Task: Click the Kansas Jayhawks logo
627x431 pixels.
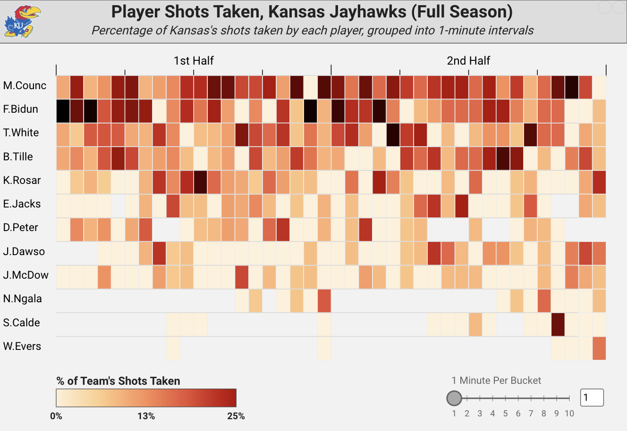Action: pyautogui.click(x=22, y=22)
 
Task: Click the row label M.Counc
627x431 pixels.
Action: pyautogui.click(x=25, y=86)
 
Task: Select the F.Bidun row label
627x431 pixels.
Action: pyautogui.click(x=20, y=109)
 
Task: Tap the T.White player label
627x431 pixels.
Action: pyautogui.click(x=21, y=133)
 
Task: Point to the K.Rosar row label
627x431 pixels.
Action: pyautogui.click(x=22, y=181)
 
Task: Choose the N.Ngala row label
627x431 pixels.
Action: pyautogui.click(x=22, y=299)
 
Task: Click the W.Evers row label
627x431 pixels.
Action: pyautogui.click(x=22, y=347)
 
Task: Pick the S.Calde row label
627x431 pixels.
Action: pyautogui.click(x=22, y=323)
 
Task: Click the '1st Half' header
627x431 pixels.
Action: pyautogui.click(x=194, y=61)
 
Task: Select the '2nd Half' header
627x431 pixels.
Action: pyautogui.click(x=468, y=61)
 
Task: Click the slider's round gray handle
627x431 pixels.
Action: pyautogui.click(x=454, y=398)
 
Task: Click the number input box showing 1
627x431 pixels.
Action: pyautogui.click(x=592, y=398)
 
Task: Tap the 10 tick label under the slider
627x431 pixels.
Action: pyautogui.click(x=569, y=414)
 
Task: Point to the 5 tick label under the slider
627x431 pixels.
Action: pyautogui.click(x=505, y=414)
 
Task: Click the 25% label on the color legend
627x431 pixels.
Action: pyautogui.click(x=236, y=416)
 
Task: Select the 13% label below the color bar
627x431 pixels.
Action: pyautogui.click(x=146, y=416)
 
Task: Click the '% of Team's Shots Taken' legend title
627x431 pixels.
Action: pyautogui.click(x=118, y=381)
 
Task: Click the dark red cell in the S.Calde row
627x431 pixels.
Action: pyautogui.click(x=558, y=324)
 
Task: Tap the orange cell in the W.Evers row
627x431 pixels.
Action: pyautogui.click(x=599, y=348)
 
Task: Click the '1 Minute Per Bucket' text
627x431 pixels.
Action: pyautogui.click(x=496, y=381)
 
